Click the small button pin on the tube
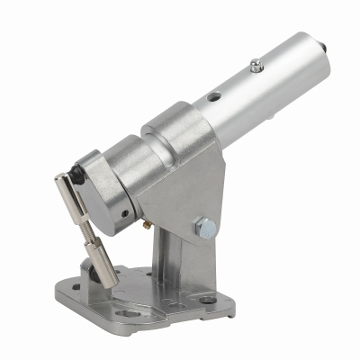pos(257,64)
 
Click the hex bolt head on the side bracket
pos(206,229)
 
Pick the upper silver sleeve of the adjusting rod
pos(72,193)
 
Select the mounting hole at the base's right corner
pos(208,300)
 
